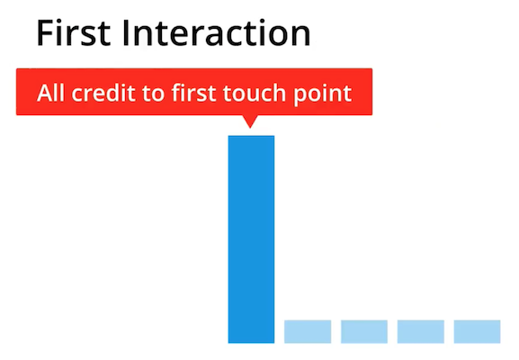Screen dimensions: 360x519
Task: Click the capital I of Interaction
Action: pos(134,33)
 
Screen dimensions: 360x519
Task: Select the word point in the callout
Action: pos(321,93)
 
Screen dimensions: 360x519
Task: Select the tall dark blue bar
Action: pos(251,238)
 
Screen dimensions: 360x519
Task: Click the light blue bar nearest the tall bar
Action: pos(308,331)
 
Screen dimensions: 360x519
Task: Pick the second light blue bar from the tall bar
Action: pos(364,331)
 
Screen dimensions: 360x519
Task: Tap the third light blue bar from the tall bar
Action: pos(420,331)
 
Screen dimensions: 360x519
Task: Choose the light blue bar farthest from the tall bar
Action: pos(477,331)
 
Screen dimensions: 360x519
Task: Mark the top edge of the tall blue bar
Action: pos(251,136)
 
